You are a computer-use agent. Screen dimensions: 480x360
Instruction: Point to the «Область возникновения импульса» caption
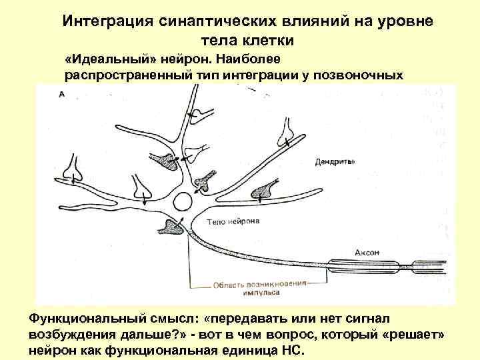pos(260,286)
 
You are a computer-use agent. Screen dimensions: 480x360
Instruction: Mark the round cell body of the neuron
pos(178,218)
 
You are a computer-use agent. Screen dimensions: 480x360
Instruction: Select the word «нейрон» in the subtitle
pos(191,59)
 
